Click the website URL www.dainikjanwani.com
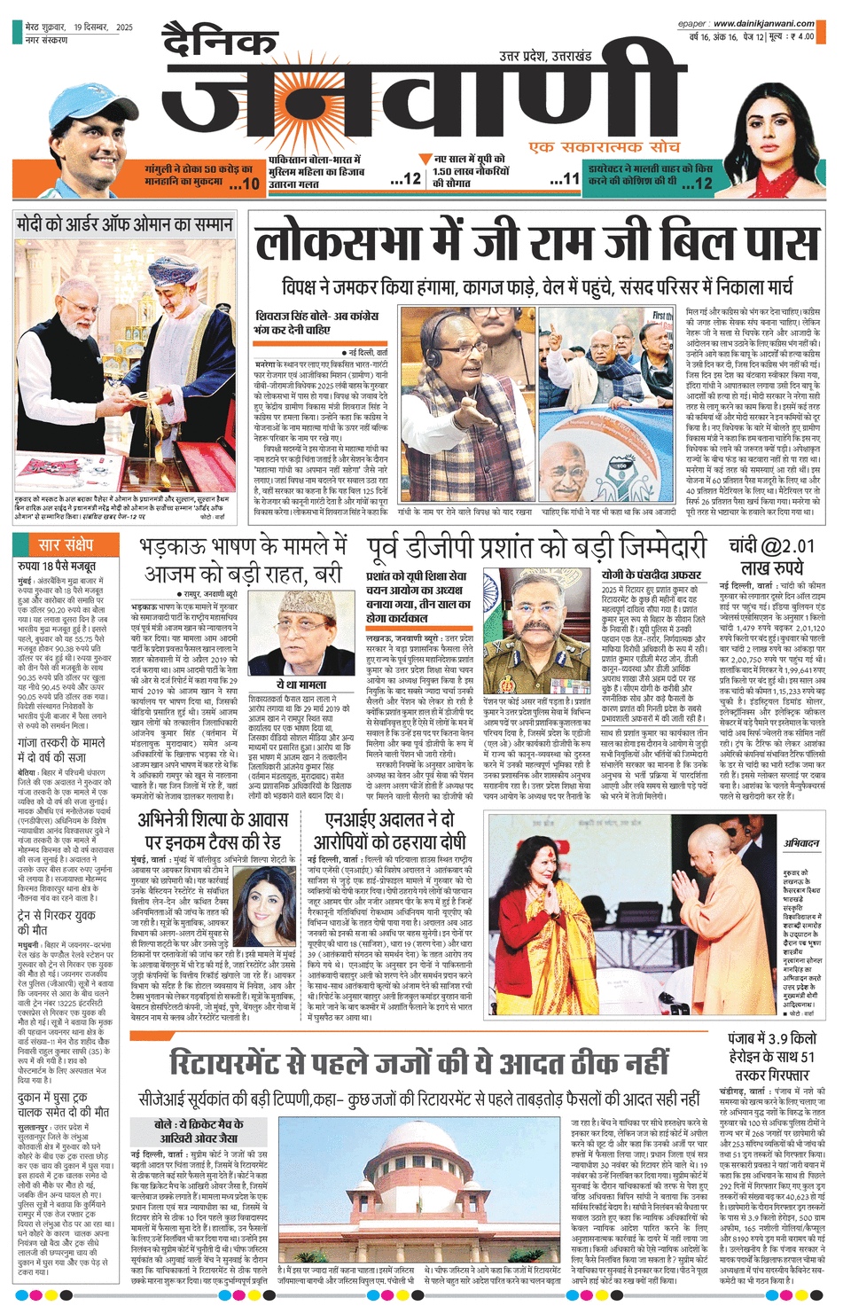tap(763, 24)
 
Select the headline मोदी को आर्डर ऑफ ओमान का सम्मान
tap(125, 224)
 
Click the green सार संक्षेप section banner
tap(66, 545)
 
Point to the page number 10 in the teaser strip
tap(250, 184)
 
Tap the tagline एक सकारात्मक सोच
tap(604, 146)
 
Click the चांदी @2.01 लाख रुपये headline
tap(767, 556)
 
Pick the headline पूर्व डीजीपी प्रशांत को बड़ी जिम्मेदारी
tap(536, 547)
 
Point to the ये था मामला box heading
tap(301, 684)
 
